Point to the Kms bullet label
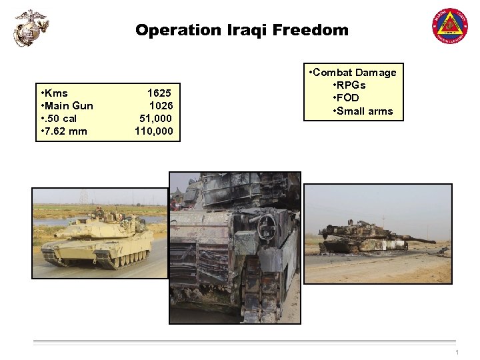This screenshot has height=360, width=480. (x=55, y=93)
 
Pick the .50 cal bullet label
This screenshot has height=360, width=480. (x=60, y=118)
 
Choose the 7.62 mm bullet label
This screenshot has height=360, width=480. (x=65, y=131)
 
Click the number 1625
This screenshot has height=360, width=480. (x=159, y=93)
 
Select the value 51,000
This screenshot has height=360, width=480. (x=155, y=118)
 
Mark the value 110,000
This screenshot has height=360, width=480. (x=153, y=131)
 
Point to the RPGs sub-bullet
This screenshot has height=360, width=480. (x=351, y=85)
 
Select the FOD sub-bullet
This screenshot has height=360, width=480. (x=349, y=98)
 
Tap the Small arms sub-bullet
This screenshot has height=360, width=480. (x=364, y=111)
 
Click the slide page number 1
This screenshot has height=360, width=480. (x=457, y=353)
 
